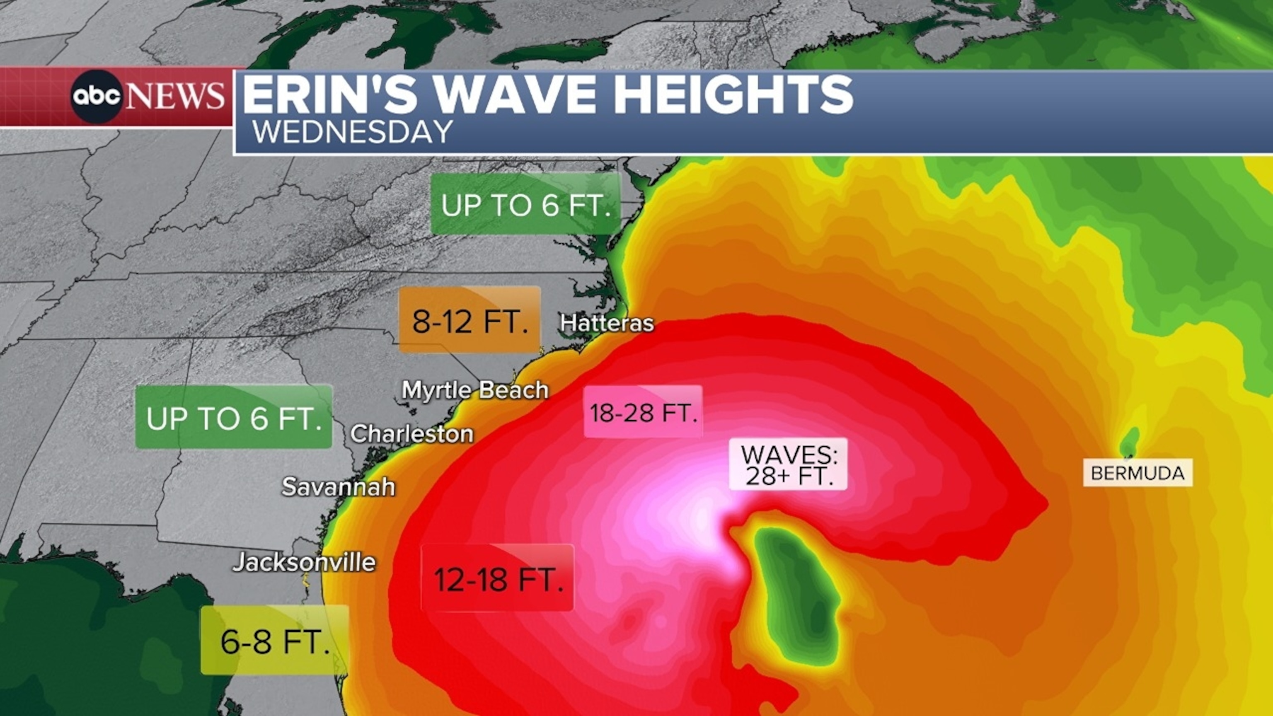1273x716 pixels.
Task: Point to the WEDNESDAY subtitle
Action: click(x=353, y=132)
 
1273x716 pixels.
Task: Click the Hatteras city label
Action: click(x=607, y=323)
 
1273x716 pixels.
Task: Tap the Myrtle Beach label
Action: click(x=475, y=390)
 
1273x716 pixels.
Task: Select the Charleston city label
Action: click(x=411, y=434)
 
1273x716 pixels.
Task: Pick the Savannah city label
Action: click(x=339, y=487)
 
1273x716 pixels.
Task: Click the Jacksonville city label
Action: click(x=304, y=562)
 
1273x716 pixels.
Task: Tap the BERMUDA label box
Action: click(x=1137, y=473)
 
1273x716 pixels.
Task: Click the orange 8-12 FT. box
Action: click(x=470, y=320)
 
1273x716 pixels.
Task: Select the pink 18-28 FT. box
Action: click(x=643, y=411)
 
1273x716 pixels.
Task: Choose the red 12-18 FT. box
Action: click(x=498, y=578)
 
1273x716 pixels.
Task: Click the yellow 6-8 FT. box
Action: click(x=275, y=641)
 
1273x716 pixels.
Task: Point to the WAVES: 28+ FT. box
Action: click(x=788, y=464)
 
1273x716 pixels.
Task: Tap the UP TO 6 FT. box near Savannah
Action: click(x=234, y=418)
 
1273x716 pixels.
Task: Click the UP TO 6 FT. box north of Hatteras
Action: click(x=525, y=203)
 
